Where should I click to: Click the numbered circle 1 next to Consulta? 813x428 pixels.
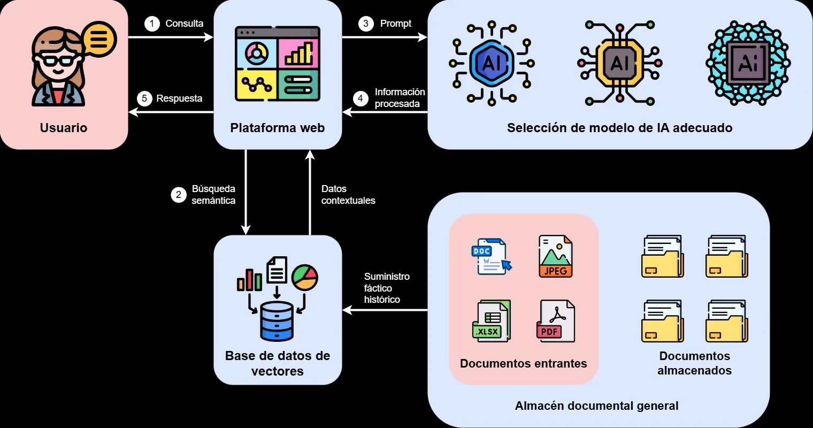(x=152, y=24)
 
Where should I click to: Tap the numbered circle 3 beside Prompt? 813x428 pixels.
(x=366, y=24)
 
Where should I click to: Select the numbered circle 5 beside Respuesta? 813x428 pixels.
(x=144, y=98)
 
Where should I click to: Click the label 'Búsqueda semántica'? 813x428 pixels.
(x=213, y=195)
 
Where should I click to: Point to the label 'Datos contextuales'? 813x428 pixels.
(x=348, y=195)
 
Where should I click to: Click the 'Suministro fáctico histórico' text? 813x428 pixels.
(x=386, y=288)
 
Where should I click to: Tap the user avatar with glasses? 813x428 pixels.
(x=58, y=67)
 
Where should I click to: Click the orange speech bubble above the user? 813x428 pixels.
(x=99, y=39)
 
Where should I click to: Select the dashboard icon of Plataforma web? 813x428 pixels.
(x=277, y=63)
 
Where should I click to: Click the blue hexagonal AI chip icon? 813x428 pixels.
(x=491, y=64)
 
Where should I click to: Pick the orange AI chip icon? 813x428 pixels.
(x=619, y=64)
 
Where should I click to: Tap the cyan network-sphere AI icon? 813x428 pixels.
(x=748, y=64)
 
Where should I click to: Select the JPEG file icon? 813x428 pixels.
(x=555, y=257)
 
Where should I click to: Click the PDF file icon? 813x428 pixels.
(x=555, y=321)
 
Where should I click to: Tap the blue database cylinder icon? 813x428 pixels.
(x=277, y=322)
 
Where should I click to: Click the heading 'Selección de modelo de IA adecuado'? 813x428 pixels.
(x=619, y=128)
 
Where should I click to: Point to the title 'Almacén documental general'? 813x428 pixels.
(x=596, y=406)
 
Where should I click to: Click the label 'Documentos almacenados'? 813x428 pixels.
(x=694, y=363)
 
